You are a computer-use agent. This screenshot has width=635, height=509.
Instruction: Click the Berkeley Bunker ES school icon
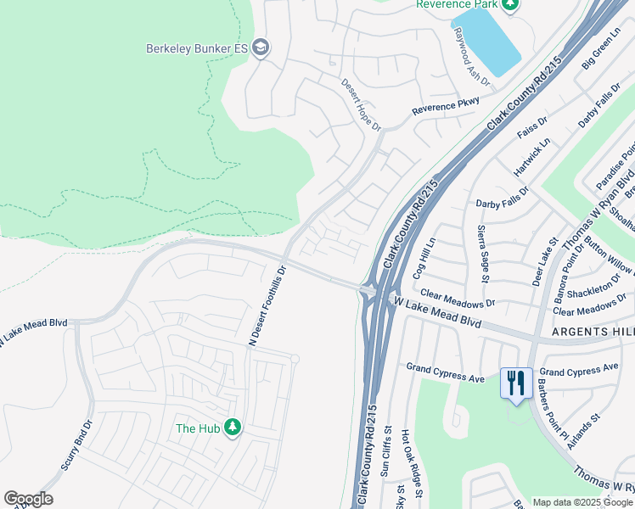[x=261, y=48]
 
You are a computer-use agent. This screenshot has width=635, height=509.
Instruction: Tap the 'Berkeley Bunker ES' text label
[x=195, y=48]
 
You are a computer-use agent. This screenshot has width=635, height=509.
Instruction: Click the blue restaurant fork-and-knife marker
[x=516, y=383]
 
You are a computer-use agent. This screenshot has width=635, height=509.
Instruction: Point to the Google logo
[x=28, y=499]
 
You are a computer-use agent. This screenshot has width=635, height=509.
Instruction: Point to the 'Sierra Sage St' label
[x=483, y=253]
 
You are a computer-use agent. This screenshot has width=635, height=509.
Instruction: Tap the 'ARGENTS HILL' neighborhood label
[x=593, y=330]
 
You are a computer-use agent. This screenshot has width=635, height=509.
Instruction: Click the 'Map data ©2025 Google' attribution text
[x=582, y=502]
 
